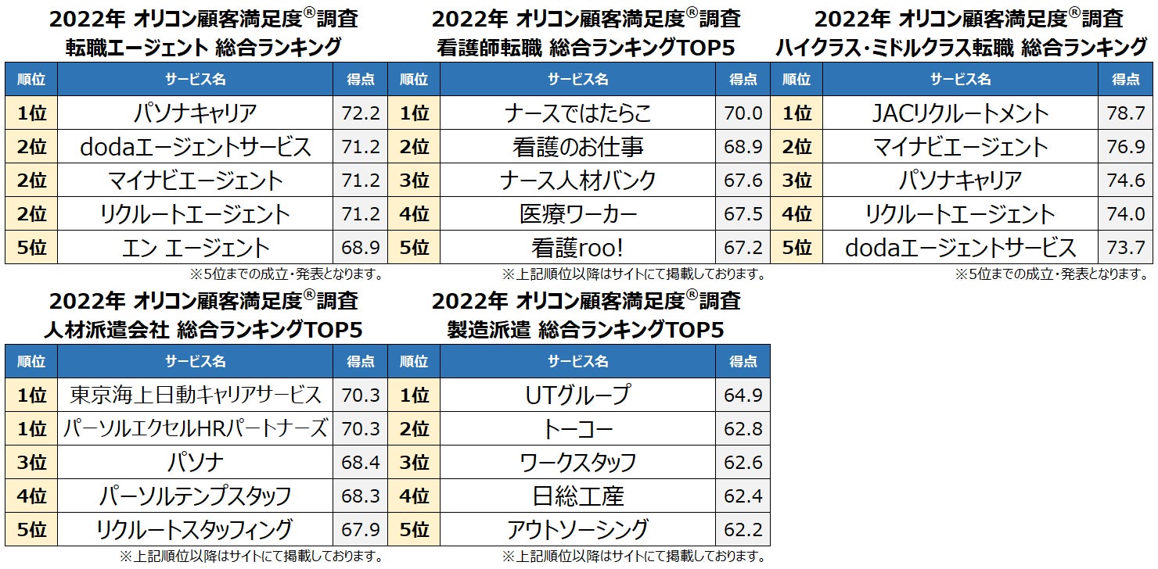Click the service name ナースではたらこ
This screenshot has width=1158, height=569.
[577, 113]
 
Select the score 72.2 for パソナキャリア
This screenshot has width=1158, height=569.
[361, 114]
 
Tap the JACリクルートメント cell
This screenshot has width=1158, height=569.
[960, 113]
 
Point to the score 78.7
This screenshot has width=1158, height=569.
[1126, 114]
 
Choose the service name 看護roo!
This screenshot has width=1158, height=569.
[577, 248]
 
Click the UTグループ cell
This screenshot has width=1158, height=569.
[577, 395]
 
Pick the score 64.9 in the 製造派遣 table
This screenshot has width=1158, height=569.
[743, 395]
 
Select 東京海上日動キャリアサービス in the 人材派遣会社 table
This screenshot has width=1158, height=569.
[195, 395]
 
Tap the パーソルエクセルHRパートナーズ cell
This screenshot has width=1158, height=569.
[195, 428]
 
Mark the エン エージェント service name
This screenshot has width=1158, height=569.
[195, 248]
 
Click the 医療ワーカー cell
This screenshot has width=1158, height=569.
[577, 214]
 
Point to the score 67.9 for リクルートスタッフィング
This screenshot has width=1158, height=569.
[361, 529]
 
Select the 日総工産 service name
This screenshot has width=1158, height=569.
[577, 496]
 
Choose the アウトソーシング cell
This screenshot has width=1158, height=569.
[577, 529]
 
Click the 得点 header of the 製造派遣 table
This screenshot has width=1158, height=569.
[743, 362]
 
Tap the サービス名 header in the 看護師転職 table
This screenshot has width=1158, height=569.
[577, 79]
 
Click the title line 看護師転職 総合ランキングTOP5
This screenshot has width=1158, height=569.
[585, 48]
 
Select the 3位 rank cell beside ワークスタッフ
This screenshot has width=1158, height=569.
[414, 462]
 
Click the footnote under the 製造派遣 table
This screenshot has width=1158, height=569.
[633, 556]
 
